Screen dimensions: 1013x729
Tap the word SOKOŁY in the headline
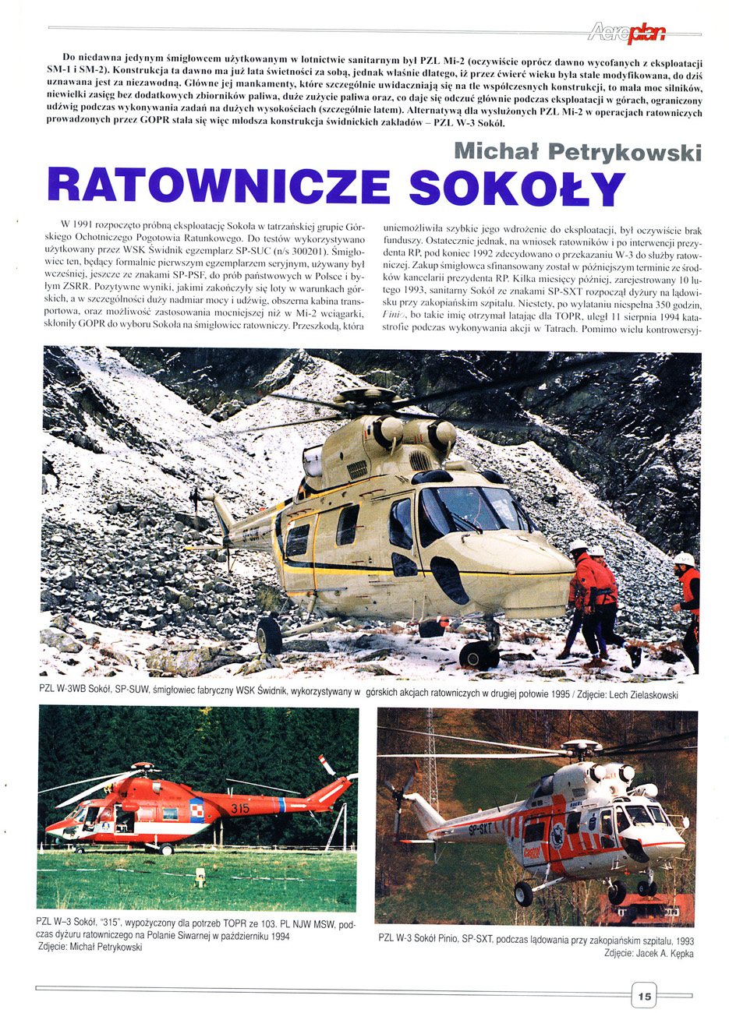517,186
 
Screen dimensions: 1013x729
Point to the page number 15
644,995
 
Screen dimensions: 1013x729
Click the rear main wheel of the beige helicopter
269,635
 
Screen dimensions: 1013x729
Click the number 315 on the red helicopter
239,809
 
